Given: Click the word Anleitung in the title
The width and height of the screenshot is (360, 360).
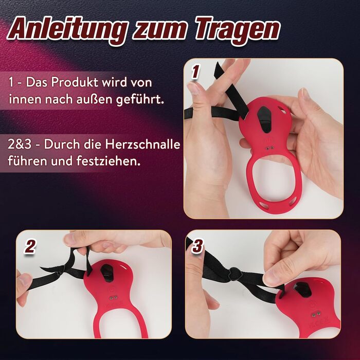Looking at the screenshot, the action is (68, 30).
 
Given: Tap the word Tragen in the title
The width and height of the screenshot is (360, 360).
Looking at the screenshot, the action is (238, 30).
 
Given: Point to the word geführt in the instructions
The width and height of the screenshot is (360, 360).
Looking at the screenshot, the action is (140, 99).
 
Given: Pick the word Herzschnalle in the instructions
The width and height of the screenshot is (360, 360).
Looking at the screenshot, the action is (142, 145).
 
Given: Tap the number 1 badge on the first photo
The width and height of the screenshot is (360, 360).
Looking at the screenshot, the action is (195, 71).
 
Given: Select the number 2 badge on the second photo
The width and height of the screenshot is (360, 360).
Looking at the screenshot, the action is (30, 247).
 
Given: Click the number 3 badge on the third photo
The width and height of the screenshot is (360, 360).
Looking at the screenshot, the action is (198, 246).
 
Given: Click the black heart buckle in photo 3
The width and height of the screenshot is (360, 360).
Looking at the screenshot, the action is (235, 274).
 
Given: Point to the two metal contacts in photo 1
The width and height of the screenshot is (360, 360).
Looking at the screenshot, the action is (270, 148).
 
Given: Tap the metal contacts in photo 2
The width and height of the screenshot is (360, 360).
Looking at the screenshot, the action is (113, 298).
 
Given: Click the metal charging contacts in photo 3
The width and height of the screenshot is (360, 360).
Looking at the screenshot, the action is (316, 314).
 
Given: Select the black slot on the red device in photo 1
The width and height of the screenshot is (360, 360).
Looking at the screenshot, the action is (265, 119).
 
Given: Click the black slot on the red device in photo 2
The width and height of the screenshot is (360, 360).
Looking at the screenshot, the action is (107, 273).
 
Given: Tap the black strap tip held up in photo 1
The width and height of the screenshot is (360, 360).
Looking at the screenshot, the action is (218, 69).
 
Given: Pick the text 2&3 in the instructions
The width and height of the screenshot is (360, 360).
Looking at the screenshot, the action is (20, 145).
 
